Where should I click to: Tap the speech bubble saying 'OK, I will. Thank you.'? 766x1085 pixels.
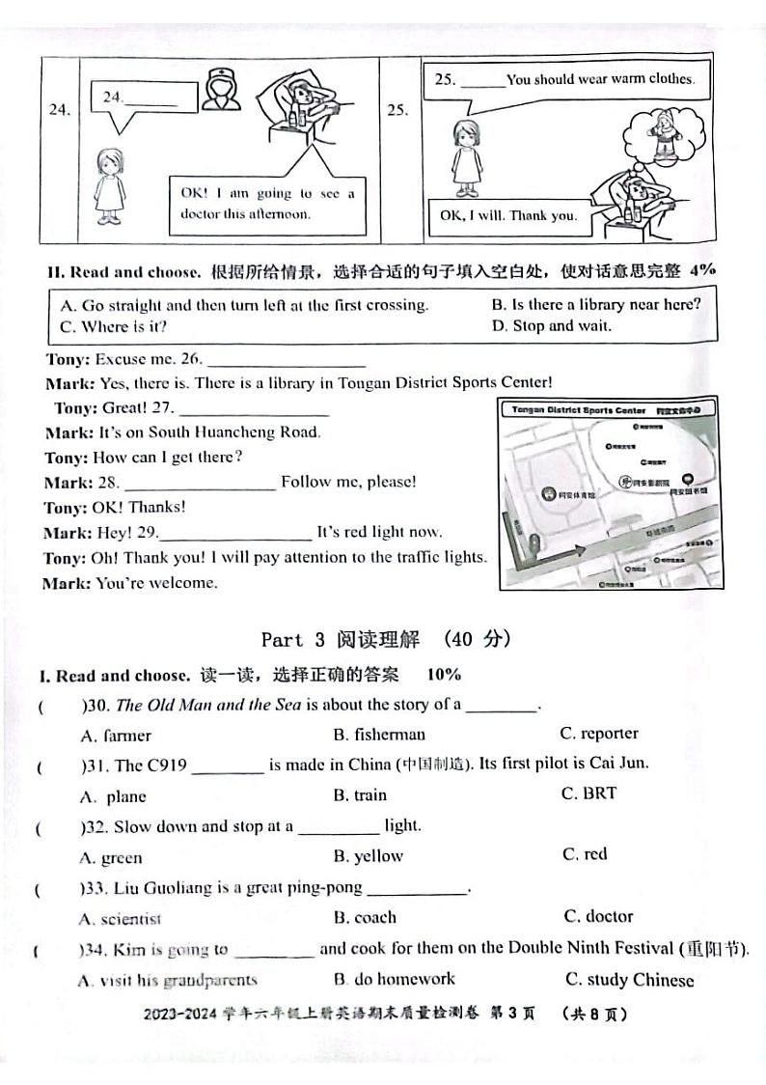(507, 215)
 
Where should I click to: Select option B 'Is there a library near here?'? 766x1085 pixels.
(595, 304)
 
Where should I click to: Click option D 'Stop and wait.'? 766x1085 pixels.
(551, 325)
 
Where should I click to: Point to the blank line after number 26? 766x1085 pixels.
(287, 362)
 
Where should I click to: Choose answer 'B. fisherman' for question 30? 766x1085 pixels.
(379, 735)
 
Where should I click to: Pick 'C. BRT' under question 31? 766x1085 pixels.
(588, 793)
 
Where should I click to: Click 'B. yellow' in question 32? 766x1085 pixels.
(369, 856)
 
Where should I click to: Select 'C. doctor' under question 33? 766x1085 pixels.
(598, 916)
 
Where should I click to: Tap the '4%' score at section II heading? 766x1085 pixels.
(703, 270)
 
